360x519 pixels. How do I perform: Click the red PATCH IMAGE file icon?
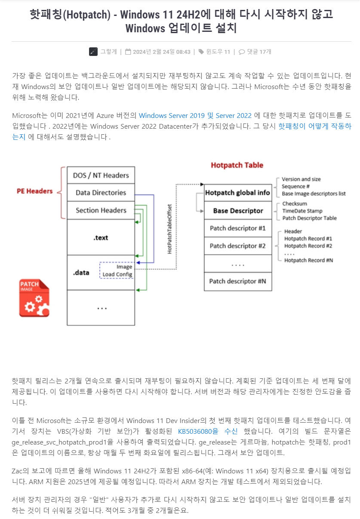coord(34,298)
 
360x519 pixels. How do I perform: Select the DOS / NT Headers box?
coord(101,175)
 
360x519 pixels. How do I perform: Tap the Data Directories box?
coord(101,192)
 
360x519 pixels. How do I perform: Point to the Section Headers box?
coord(101,210)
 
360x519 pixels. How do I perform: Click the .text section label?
coord(101,237)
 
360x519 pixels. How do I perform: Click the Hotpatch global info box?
coord(238,193)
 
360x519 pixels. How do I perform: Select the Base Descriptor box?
coord(238,210)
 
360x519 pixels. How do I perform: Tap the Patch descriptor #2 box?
coord(238,246)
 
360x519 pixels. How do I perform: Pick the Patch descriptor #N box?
coord(238,281)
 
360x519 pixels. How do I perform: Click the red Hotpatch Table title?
coord(237,165)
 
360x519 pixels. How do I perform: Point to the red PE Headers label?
coord(35,191)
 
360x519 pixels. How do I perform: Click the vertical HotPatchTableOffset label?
coord(170,228)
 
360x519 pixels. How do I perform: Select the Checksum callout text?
coord(295,204)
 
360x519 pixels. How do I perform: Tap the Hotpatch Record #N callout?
coord(308,260)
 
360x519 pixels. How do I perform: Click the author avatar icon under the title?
coord(93,52)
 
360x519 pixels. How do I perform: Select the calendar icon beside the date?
coord(128,52)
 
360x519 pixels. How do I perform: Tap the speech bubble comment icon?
coord(242,52)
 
